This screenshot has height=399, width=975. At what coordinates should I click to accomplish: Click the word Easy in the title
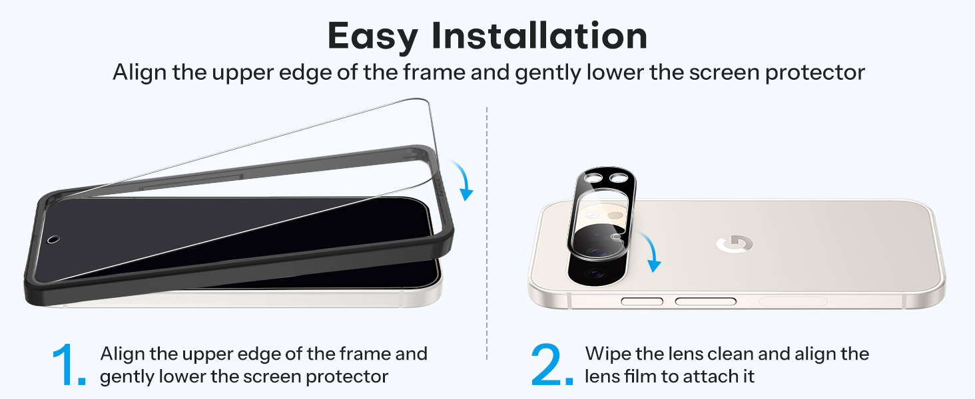pyautogui.click(x=373, y=37)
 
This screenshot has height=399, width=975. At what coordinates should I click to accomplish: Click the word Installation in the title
pyautogui.click(x=539, y=35)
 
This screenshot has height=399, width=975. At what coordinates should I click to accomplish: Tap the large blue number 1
pyautogui.click(x=69, y=364)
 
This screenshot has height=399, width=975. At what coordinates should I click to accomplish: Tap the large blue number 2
pyautogui.click(x=551, y=364)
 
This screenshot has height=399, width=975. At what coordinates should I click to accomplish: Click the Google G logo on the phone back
pyautogui.click(x=735, y=244)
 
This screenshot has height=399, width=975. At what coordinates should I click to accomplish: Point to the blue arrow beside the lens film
pyautogui.click(x=649, y=251)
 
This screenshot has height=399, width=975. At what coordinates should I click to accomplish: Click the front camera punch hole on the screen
pyautogui.click(x=53, y=239)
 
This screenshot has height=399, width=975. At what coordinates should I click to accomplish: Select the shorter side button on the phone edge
pyautogui.click(x=642, y=301)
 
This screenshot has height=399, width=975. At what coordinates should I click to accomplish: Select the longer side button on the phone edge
pyautogui.click(x=705, y=301)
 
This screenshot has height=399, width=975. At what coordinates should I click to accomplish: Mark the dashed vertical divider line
pyautogui.click(x=487, y=233)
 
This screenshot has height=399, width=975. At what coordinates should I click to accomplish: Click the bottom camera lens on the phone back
pyautogui.click(x=594, y=273)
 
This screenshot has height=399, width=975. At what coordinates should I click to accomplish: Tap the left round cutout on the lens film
pyautogui.click(x=593, y=178)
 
